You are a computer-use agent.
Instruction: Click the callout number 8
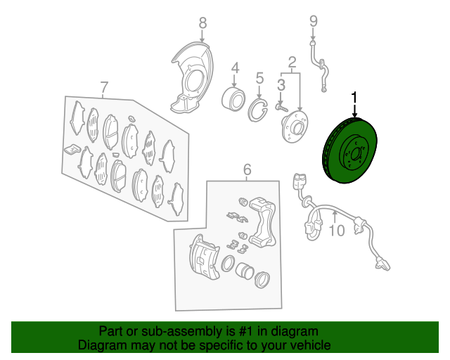pos(202,22)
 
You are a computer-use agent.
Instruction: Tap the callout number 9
pos(314,22)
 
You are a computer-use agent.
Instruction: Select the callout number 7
pos(104,87)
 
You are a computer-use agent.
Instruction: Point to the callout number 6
pos(247,169)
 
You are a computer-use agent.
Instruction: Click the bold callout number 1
pos(354,97)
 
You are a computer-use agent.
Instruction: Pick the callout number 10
pos(337,230)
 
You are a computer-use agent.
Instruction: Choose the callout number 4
pos(235,68)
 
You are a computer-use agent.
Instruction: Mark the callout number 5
pos(259,78)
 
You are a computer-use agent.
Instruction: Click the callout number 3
pos(281,85)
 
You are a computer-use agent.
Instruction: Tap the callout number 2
pos(292,62)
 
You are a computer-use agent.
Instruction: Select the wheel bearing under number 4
pos(233,99)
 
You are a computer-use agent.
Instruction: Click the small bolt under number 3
pos(282,108)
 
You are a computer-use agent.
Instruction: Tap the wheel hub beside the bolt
pos(295,127)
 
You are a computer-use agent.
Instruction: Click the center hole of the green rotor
pos(356,154)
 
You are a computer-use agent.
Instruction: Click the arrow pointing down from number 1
pos(354,111)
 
